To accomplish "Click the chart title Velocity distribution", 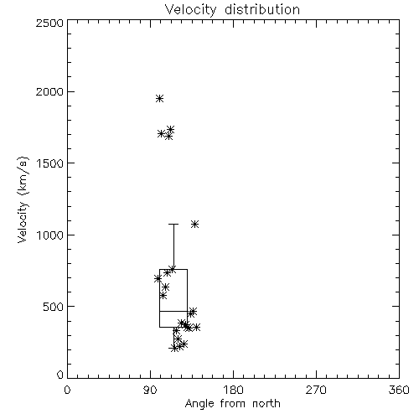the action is click(232, 10).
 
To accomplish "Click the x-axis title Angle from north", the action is click(232, 404).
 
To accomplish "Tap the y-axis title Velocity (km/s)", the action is click(23, 199).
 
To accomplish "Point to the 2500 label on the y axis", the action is click(49, 23).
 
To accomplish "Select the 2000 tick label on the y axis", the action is click(49, 91).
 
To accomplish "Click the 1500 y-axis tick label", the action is click(50, 163).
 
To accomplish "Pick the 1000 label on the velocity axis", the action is click(50, 235).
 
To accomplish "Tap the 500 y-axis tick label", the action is click(54, 307).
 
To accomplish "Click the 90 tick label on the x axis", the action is click(150, 390).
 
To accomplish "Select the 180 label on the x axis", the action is click(233, 390).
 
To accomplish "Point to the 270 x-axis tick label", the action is click(316, 390).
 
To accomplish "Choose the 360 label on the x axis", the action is click(399, 390).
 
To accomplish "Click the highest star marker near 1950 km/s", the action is click(159, 98).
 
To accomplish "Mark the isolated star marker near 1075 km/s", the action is click(194, 224).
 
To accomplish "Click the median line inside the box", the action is click(173, 311).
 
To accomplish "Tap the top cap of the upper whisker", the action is click(173, 224).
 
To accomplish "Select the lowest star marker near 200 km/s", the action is click(173, 348).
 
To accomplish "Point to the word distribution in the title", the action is click(262, 10).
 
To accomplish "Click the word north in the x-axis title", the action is click(266, 404).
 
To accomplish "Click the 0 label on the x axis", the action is click(67, 390).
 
